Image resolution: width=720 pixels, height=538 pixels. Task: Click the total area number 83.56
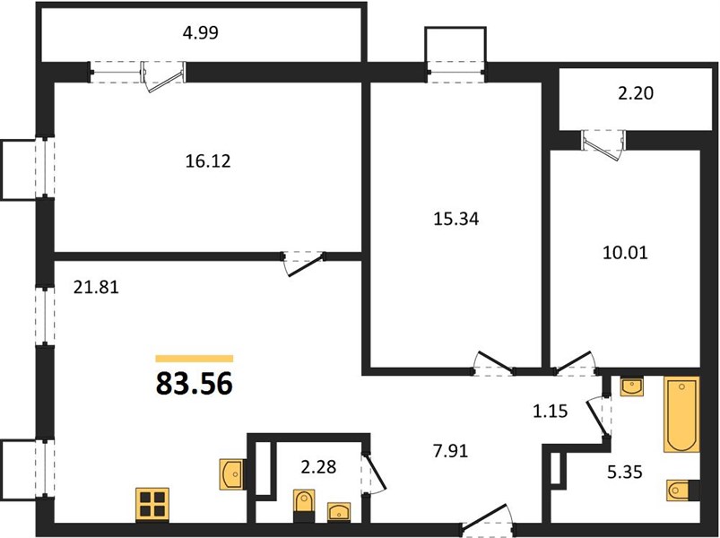(x=195, y=384)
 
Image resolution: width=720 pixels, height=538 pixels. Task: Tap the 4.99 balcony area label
(x=200, y=33)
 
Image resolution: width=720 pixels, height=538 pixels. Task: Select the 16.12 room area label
(x=208, y=161)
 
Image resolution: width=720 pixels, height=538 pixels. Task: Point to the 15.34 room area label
(x=456, y=219)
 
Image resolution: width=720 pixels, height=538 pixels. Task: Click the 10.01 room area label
(x=625, y=253)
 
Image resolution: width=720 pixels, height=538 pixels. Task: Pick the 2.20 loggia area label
(x=636, y=93)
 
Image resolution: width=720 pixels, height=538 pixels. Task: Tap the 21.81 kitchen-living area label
(x=96, y=287)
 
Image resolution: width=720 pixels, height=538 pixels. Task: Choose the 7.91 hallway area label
(x=450, y=451)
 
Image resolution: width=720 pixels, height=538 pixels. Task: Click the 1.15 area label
(x=551, y=412)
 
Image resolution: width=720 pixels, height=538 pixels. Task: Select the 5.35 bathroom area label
(x=624, y=472)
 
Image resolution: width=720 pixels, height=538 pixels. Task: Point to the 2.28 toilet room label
(x=318, y=467)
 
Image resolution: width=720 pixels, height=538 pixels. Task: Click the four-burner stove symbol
(x=152, y=505)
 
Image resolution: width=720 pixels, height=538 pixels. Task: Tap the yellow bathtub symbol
(x=681, y=414)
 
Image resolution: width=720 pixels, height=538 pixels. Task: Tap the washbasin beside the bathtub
(x=632, y=386)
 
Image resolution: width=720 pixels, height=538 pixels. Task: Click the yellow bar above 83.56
(x=195, y=359)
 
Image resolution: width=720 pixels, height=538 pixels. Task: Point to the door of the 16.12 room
(x=304, y=265)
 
